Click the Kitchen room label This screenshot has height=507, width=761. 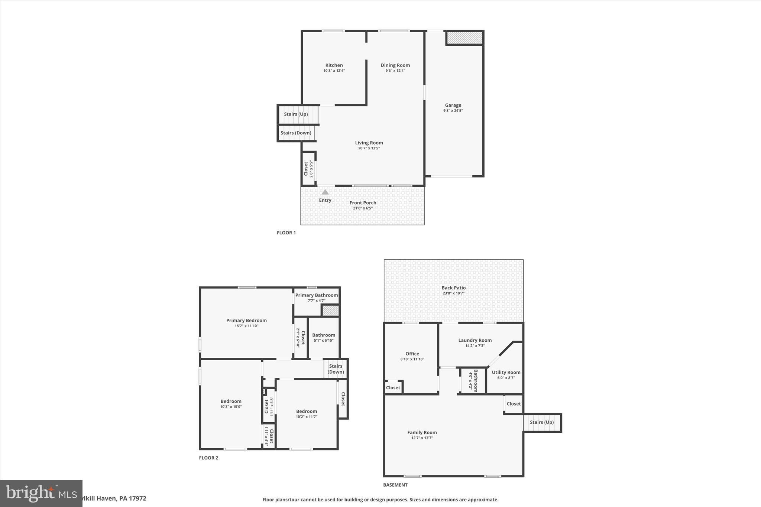coord(334,65)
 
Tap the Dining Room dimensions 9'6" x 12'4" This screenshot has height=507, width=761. coord(395,71)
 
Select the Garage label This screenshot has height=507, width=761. coord(453,105)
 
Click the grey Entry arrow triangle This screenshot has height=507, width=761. coord(325,192)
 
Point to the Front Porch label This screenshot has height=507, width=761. coord(363,202)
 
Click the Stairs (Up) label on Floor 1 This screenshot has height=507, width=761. coord(296,114)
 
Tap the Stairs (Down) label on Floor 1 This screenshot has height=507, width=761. coord(296,133)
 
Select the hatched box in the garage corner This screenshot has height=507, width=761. coord(464,38)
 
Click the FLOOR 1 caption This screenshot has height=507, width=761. coord(286,233)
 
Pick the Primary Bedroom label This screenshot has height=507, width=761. coord(246,320)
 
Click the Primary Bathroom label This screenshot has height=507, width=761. coord(317,295)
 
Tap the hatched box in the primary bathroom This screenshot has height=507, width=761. coord(330,311)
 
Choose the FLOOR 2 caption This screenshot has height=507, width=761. coord(208,458)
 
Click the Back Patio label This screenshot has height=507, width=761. coord(453,287)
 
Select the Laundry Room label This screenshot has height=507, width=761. coord(475,340)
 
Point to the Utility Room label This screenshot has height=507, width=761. coord(506,372)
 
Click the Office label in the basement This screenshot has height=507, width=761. coord(412,354)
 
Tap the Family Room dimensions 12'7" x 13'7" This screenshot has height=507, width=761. coord(422,438)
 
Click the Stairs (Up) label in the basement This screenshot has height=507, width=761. coord(541,422)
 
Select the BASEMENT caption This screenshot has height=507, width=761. coord(395,485)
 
